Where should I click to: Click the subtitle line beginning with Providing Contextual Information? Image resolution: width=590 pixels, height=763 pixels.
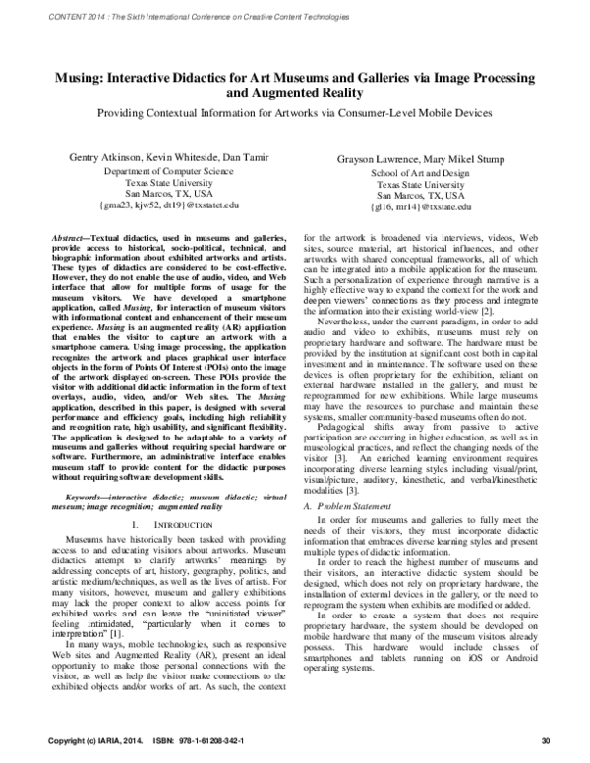(x=295, y=115)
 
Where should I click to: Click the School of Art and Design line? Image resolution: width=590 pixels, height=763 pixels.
(x=421, y=172)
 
